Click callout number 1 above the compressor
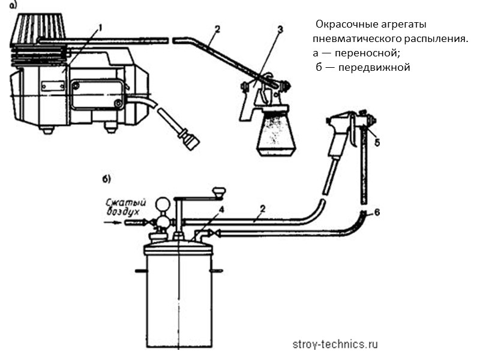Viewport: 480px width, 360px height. click(101, 27)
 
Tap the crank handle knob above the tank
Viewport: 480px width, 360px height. click(220, 193)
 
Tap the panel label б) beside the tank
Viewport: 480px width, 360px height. click(106, 179)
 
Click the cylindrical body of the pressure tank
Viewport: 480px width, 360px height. click(178, 300)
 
